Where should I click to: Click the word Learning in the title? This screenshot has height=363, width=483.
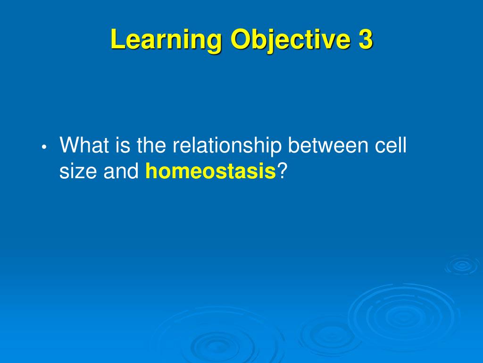(x=166, y=40)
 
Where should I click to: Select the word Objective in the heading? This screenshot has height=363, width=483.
(x=290, y=40)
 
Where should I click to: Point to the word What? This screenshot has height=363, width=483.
(x=84, y=145)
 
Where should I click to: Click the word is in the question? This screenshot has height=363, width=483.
(x=123, y=145)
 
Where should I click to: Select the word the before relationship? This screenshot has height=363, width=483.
(x=151, y=145)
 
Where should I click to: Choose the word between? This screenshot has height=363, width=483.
(x=328, y=145)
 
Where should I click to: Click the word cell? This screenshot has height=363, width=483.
(x=390, y=145)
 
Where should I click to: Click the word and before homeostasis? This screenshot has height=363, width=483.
(x=121, y=171)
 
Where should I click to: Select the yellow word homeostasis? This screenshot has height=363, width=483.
(x=210, y=171)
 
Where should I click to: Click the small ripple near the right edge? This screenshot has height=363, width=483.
(x=462, y=265)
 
